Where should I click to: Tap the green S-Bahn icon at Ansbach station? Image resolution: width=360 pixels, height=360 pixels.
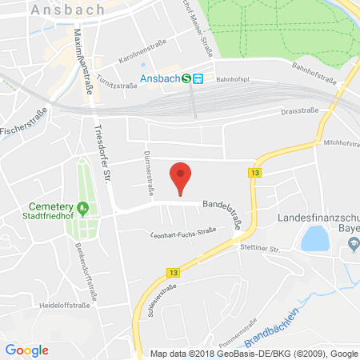(186, 78)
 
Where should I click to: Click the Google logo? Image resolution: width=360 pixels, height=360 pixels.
(26, 350)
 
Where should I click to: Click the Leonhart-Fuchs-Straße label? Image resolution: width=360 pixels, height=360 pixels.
(185, 234)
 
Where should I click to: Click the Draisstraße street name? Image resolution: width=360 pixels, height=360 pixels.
(301, 111)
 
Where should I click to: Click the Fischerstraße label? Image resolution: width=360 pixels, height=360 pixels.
(16, 126)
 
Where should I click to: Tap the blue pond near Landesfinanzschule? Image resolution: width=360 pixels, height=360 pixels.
(314, 238)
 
